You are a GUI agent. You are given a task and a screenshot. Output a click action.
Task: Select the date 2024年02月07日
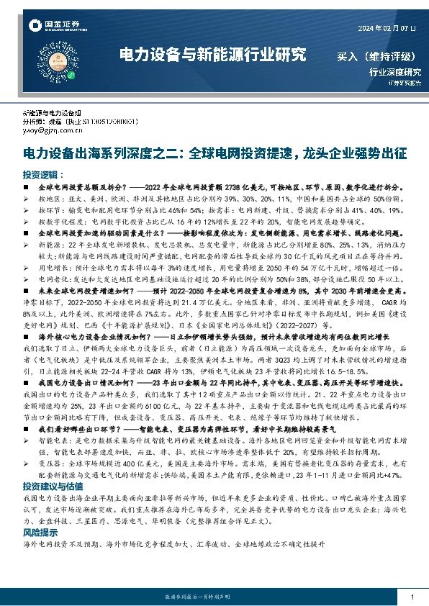(386, 28)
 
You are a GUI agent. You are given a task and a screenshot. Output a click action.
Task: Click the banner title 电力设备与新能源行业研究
(212, 55)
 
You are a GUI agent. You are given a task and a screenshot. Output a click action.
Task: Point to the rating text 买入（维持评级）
(377, 55)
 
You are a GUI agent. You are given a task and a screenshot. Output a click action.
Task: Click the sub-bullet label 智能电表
(51, 438)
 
